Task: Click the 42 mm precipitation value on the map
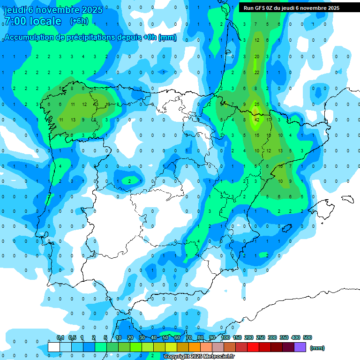click(256, 120)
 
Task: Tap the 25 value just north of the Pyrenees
click(256, 104)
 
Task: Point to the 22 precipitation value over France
click(257, 72)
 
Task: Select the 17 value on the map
click(269, 120)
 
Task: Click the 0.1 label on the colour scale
click(60, 337)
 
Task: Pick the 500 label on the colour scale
click(307, 337)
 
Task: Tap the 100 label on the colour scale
click(225, 337)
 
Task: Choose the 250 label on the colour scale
click(261, 337)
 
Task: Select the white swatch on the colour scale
click(54, 347)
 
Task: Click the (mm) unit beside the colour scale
click(317, 348)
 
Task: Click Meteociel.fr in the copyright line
click(219, 357)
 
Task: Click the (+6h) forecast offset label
click(79, 21)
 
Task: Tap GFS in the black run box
click(260, 8)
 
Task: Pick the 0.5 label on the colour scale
click(72, 337)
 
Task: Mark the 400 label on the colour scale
click(296, 337)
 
